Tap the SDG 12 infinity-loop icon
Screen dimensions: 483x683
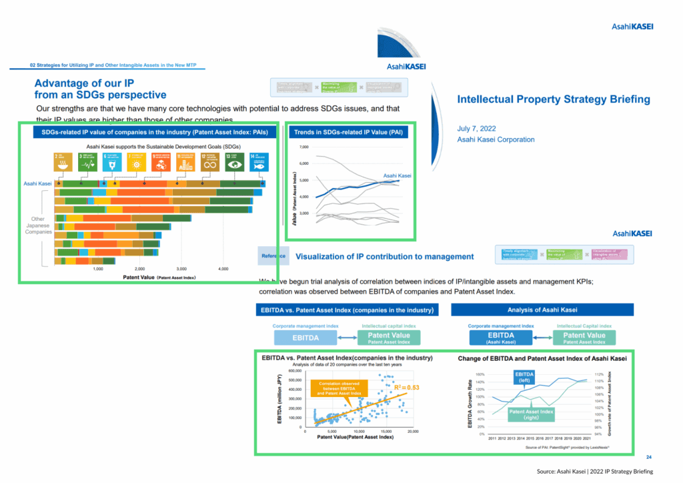pyautogui.click(x=212, y=162)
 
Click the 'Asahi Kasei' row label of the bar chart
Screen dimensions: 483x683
pyautogui.click(x=37, y=183)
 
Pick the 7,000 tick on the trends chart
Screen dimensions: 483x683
pyautogui.click(x=304, y=147)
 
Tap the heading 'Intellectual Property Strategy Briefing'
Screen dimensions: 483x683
pyautogui.click(x=553, y=99)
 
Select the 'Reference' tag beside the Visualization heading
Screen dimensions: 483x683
pyautogui.click(x=273, y=256)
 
